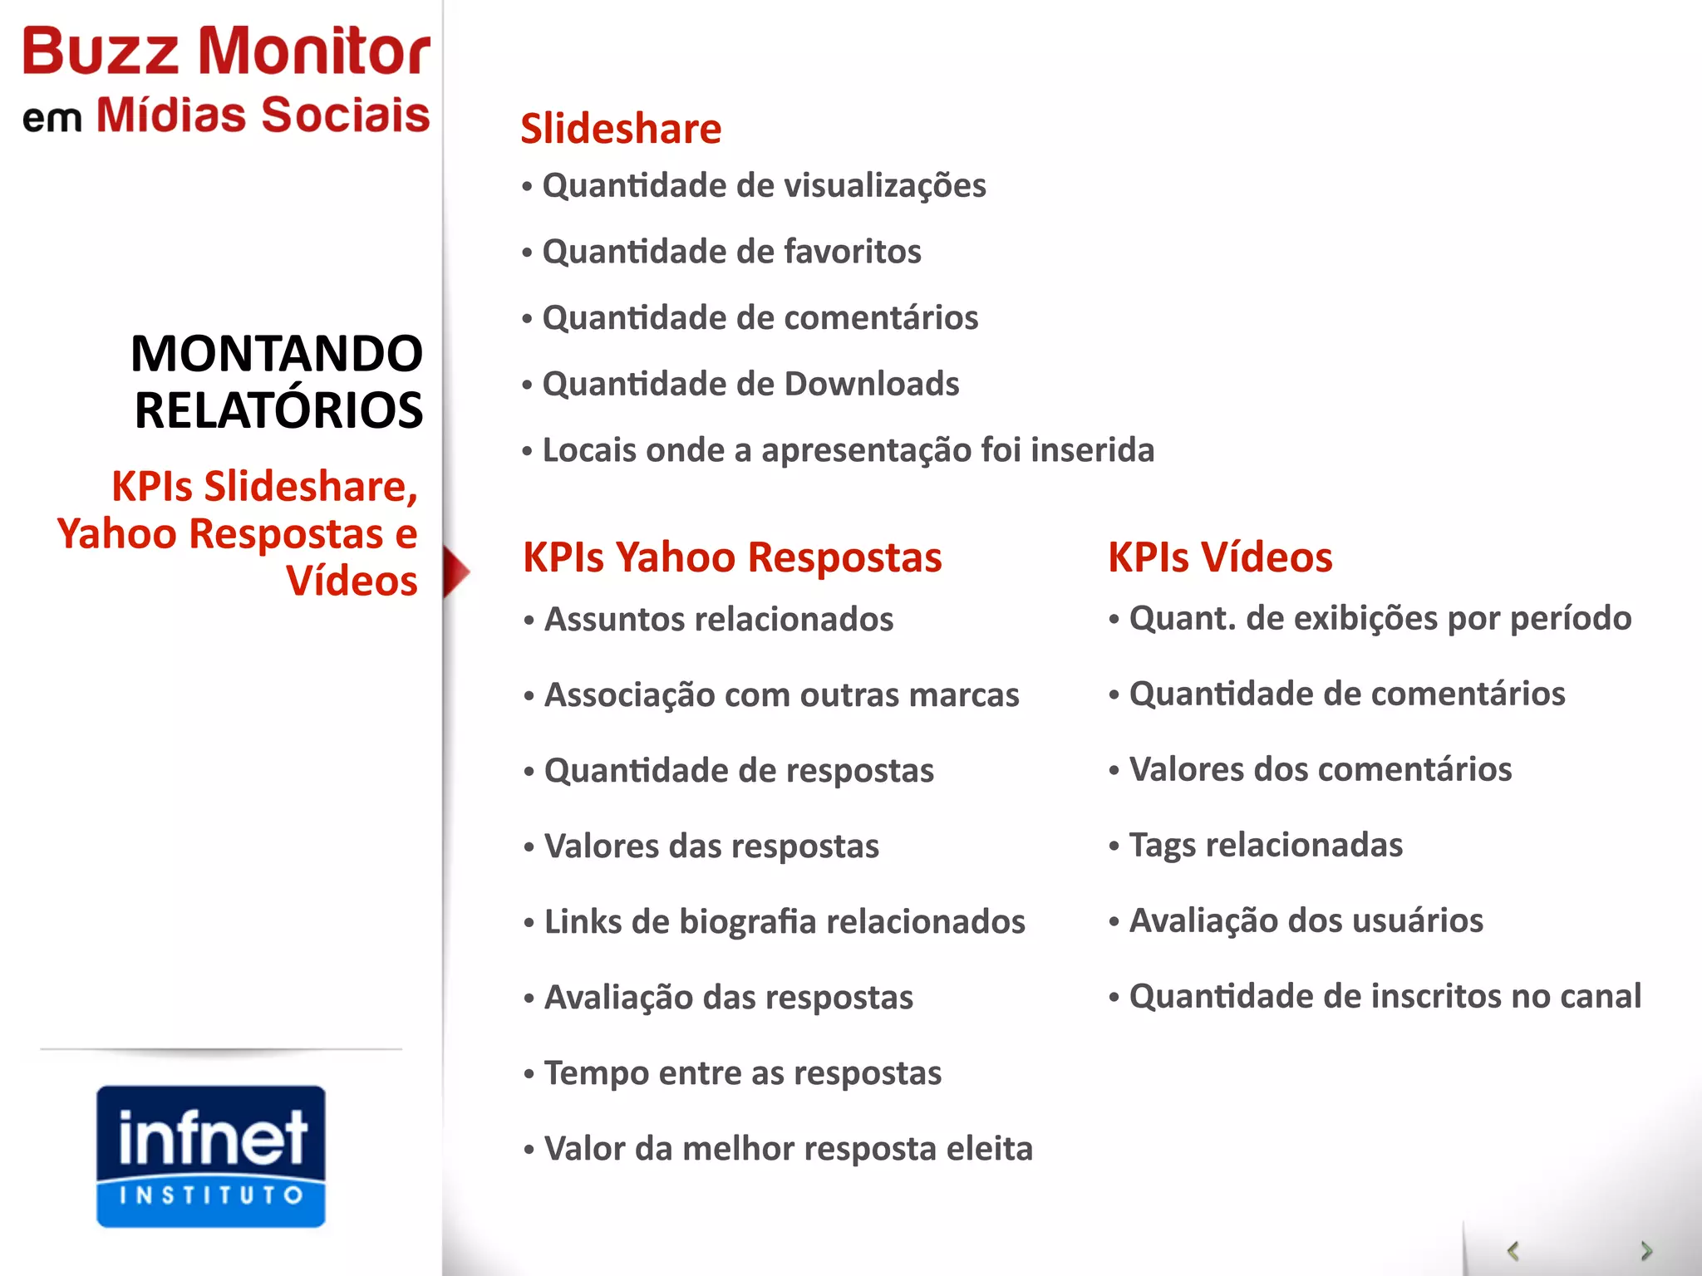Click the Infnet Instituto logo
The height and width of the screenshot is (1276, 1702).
point(210,1156)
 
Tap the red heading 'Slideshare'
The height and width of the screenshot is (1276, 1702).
point(621,129)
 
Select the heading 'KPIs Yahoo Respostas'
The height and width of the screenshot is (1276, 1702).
point(732,557)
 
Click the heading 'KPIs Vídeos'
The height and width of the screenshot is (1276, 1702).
point(1220,557)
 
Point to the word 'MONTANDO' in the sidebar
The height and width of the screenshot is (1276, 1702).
point(277,353)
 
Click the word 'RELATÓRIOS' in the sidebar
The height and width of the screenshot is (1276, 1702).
point(278,410)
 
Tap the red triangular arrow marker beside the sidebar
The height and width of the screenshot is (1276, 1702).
point(455,572)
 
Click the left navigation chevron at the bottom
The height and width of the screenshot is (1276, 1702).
point(1513,1250)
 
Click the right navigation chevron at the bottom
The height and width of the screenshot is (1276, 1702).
point(1645,1250)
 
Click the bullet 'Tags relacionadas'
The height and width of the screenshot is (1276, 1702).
point(1265,845)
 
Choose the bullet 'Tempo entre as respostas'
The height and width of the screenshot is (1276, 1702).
point(742,1072)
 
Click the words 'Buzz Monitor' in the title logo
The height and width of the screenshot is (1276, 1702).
point(226,52)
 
